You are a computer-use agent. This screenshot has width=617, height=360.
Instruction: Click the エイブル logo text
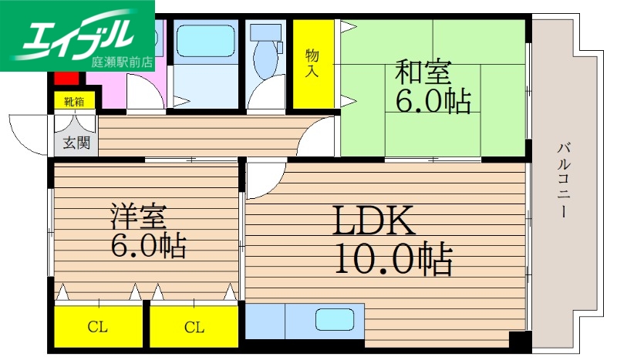[77, 35]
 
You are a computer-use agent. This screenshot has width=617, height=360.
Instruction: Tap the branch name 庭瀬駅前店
[120, 62]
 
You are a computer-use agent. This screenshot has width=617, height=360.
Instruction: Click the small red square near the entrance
[66, 78]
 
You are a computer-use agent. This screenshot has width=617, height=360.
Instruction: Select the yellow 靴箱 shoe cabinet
[74, 101]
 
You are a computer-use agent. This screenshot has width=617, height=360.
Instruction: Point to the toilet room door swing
[266, 96]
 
